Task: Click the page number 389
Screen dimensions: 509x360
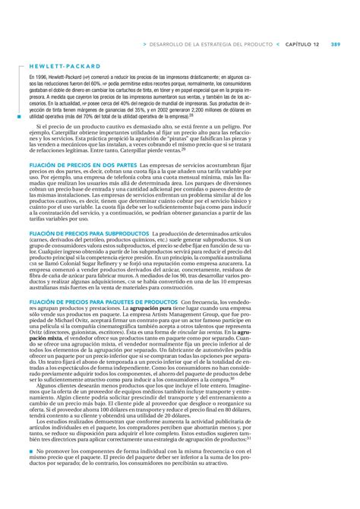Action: tap(335, 44)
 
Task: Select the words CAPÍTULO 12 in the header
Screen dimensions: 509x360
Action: tap(302, 44)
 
